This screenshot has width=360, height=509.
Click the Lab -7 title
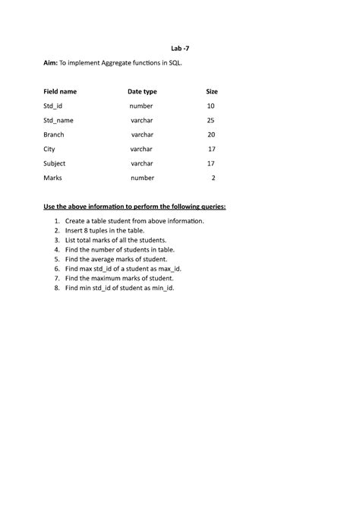pos(179,47)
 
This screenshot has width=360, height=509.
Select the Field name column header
pos(60,91)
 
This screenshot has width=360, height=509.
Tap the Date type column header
pos(142,91)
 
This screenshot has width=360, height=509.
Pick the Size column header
pos(212,91)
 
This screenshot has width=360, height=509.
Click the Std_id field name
pos(53,106)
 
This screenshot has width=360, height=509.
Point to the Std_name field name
pos(58,120)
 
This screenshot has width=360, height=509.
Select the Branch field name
pos(55,134)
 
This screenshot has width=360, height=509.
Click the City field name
pos(49,149)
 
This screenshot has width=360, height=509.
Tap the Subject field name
pos(55,163)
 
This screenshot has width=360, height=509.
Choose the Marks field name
pos(52,178)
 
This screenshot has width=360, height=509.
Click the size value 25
pos(211,120)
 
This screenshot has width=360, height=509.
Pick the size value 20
pos(211,134)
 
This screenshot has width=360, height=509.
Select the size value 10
pos(211,106)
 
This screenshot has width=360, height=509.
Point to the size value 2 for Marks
pos(213,178)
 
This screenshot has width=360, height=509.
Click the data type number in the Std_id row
pos(141,106)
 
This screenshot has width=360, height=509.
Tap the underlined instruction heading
pos(134,207)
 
